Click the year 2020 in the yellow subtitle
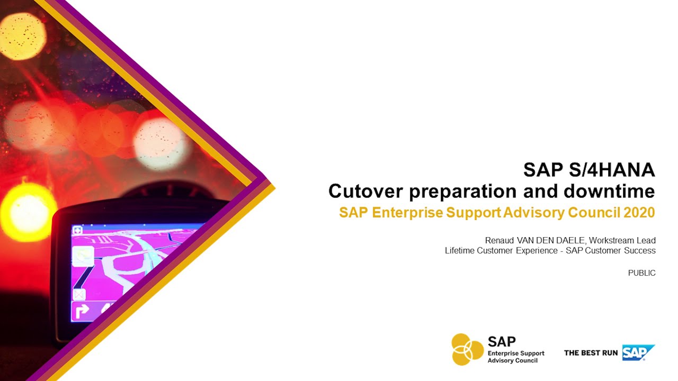639,213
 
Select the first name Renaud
501,240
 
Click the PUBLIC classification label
641,273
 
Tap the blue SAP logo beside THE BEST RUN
638,352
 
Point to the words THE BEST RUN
591,353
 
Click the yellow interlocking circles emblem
467,349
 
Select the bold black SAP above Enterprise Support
501,341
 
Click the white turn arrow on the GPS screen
82,312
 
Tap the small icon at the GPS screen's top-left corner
77,230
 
